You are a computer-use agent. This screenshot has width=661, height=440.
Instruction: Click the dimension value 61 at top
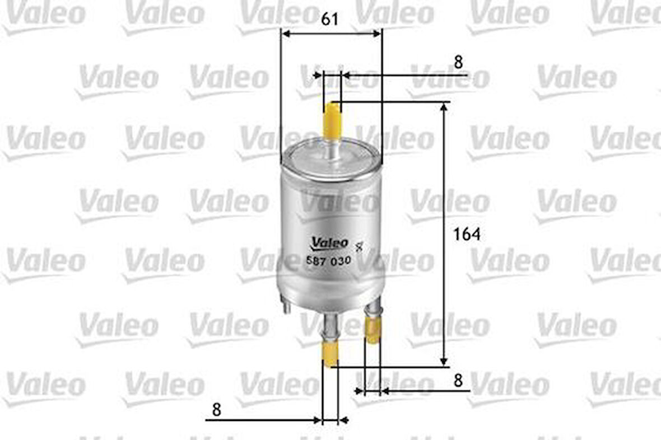tap(330, 19)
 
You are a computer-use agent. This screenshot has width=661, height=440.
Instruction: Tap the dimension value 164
tap(467, 234)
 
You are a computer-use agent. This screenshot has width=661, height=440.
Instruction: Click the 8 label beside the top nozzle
tap(458, 62)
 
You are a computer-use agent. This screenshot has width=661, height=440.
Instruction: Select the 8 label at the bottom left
tap(217, 410)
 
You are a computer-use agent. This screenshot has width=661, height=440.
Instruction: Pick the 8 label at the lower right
tap(458, 381)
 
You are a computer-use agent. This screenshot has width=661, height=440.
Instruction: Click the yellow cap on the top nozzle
tap(333, 119)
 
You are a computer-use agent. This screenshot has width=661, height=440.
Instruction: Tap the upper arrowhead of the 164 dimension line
tap(444, 107)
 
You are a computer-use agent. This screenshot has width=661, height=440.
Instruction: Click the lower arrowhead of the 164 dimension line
tap(444, 362)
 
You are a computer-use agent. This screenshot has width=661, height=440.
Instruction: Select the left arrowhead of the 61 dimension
tap(285, 34)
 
